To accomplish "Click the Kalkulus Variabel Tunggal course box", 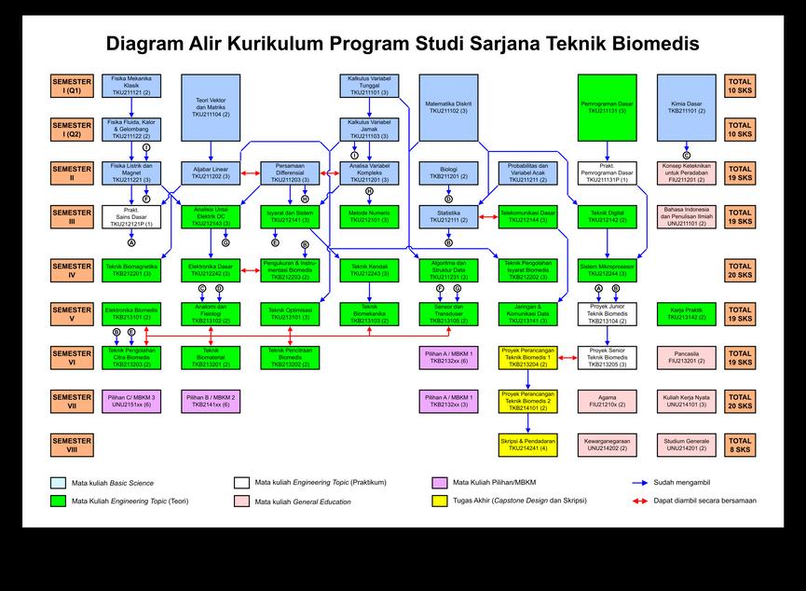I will tap(369, 86).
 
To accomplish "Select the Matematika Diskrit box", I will tap(448, 107).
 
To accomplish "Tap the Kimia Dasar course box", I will tap(687, 107).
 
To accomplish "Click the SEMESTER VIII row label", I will tap(72, 445).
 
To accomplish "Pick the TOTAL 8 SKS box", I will tap(740, 445).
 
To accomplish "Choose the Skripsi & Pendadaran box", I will tap(528, 445).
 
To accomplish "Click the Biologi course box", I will tap(448, 172).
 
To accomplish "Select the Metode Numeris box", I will tap(369, 216).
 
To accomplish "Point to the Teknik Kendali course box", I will tap(369, 270).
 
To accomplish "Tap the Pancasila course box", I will tap(687, 357).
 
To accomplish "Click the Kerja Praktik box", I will tap(687, 313).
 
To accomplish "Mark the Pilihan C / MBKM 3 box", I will tap(130, 401).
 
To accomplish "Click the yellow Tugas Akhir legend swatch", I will tap(440, 501).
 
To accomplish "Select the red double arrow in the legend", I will tap(639, 501).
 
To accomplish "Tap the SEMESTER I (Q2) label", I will tap(72, 129).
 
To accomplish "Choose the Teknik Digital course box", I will tap(608, 216).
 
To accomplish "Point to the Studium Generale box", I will tap(687, 445).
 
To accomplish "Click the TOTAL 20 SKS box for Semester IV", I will tap(740, 270).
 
